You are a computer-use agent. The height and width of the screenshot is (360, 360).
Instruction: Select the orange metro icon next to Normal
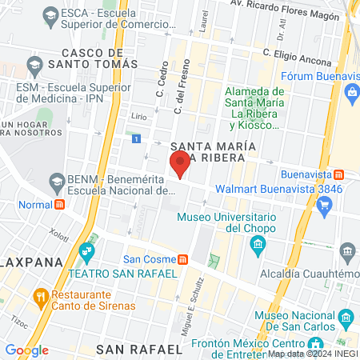point(59,204)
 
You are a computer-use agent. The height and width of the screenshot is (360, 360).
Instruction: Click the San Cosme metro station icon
point(184,258)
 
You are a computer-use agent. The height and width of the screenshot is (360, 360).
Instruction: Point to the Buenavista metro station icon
point(339,174)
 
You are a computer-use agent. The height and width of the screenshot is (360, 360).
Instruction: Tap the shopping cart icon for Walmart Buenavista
point(324,206)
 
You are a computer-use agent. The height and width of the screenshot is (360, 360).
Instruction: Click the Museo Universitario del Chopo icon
point(258,242)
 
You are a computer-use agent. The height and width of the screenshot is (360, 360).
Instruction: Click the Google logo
point(26,350)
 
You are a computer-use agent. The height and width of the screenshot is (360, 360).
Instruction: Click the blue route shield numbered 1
point(137,139)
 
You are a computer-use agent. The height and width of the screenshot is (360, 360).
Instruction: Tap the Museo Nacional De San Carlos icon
point(258,318)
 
